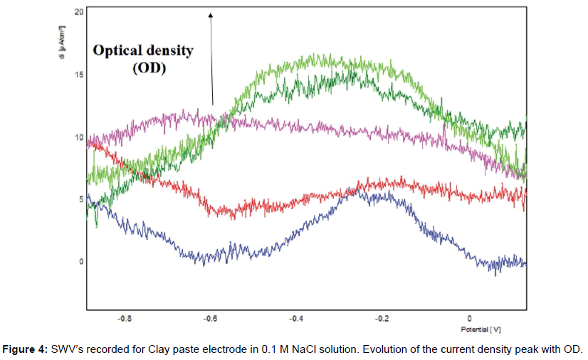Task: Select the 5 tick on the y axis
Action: (80, 199)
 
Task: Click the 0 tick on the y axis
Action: (80, 261)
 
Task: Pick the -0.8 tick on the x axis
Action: (125, 319)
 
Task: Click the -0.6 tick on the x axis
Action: (211, 319)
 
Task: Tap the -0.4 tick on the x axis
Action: (296, 319)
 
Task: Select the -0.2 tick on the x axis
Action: (382, 319)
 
